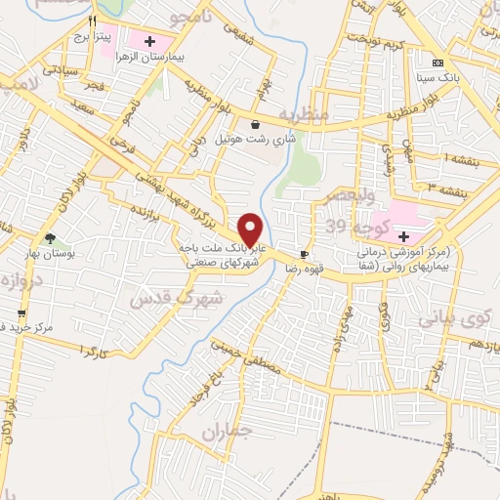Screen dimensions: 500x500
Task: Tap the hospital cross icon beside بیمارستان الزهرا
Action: coord(149,41)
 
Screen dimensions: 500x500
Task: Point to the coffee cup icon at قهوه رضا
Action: coord(305,255)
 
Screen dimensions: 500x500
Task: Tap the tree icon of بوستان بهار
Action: coord(49,238)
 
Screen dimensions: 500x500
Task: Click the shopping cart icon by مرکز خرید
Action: coord(21,325)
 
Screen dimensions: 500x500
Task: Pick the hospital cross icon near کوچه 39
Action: coord(402,235)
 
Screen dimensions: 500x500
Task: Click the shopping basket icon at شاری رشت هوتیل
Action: coord(256,125)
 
